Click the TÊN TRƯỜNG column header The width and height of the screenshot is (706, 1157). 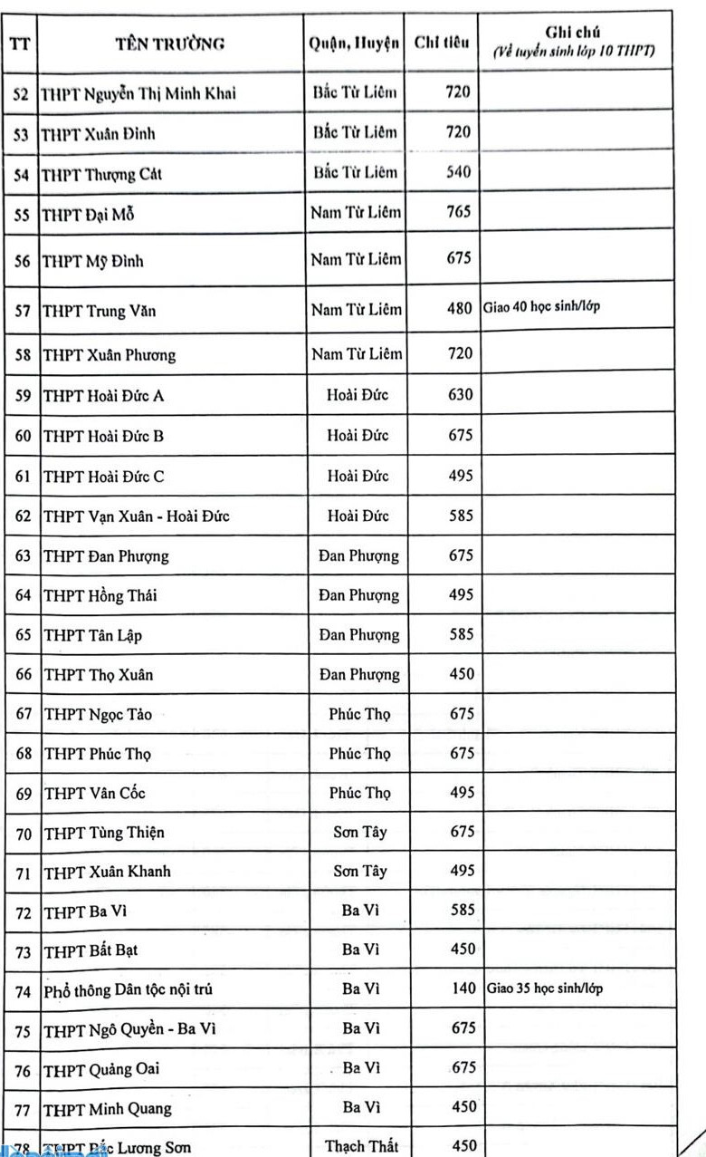click(x=169, y=43)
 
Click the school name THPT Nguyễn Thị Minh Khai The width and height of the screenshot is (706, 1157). click(x=139, y=93)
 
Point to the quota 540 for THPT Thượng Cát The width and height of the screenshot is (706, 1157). click(x=459, y=172)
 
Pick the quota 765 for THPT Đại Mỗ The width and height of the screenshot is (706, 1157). click(x=459, y=213)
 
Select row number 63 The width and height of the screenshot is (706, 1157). click(x=24, y=556)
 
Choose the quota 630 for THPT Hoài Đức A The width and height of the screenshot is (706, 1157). click(x=461, y=395)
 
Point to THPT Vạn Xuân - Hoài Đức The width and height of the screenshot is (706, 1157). click(x=136, y=516)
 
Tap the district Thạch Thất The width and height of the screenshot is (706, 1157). click(x=359, y=1146)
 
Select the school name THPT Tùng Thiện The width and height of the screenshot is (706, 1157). click(x=104, y=833)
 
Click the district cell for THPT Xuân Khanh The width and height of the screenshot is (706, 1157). click(x=359, y=871)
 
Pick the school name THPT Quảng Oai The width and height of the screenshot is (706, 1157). click(x=101, y=1069)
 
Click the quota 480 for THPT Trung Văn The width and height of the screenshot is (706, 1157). click(x=460, y=310)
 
